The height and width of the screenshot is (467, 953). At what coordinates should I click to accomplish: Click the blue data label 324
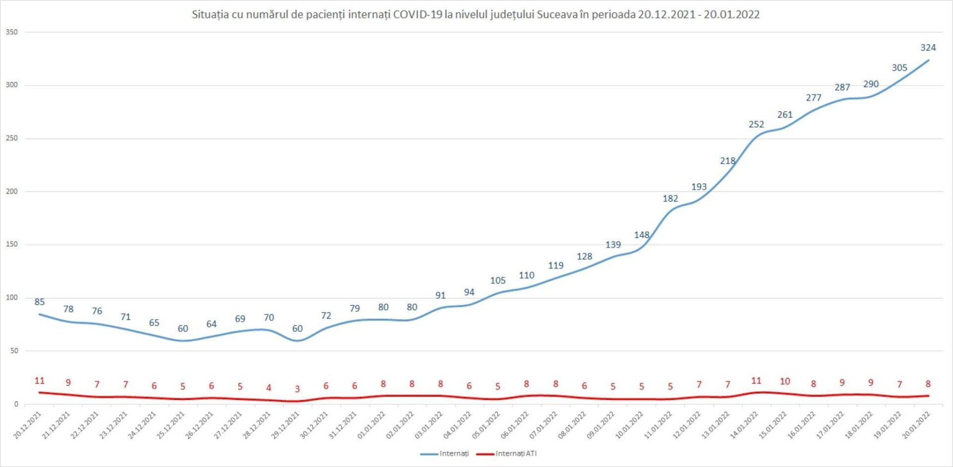928,48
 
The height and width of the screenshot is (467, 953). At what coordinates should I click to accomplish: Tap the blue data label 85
40,302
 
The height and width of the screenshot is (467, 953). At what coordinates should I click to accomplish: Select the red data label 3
297,389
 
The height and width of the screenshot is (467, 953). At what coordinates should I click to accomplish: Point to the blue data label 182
670,199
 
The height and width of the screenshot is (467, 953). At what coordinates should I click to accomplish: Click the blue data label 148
641,235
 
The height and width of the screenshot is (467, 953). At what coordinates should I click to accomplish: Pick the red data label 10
785,381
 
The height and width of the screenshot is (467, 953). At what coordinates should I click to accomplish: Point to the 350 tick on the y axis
11,32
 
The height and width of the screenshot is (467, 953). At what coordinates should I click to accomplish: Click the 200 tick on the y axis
11,192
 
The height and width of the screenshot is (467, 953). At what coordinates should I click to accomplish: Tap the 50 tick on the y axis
13,351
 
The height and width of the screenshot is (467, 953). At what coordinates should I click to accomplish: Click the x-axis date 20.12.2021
28,425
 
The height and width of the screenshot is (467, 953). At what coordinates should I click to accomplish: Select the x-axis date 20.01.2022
916,425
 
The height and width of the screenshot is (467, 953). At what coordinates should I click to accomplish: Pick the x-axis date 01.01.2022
372,425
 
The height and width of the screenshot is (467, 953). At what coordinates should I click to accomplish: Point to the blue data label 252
756,125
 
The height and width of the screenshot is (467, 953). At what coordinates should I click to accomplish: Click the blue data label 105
498,280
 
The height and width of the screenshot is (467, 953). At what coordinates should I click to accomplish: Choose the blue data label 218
728,161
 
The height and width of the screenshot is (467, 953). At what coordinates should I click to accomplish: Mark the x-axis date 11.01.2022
658,425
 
